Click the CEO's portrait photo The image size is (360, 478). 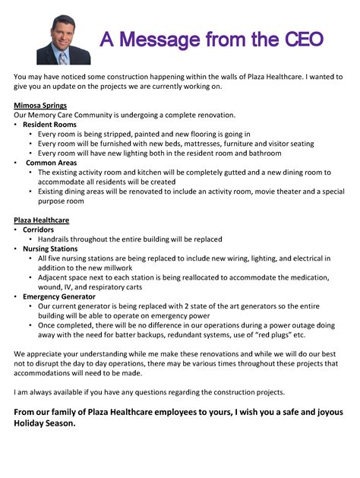coord(63,38)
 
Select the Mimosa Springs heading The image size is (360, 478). coord(40,105)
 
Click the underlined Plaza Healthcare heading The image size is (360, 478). coord(42,220)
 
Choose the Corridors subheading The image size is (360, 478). coord(40,230)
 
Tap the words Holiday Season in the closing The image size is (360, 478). coord(45,423)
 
